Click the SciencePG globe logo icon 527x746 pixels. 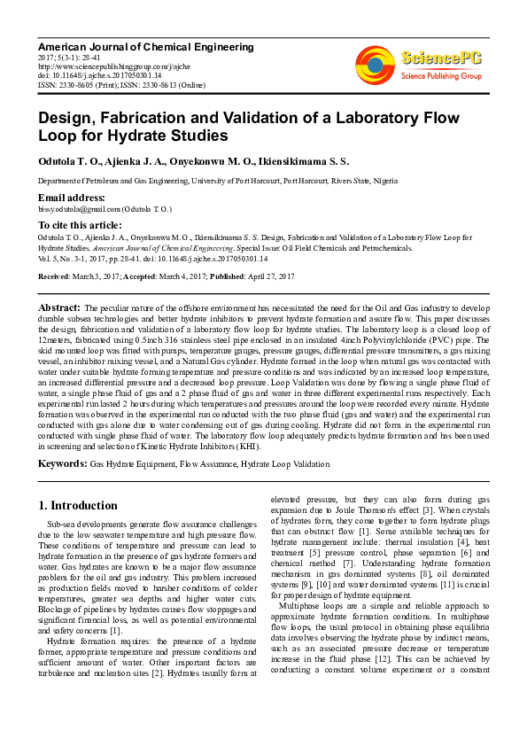[x=375, y=65]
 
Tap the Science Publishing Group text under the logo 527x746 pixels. [x=441, y=76]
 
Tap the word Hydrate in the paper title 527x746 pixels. [x=107, y=136]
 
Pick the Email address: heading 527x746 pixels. [x=72, y=197]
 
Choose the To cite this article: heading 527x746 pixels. [x=82, y=226]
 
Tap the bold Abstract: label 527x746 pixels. [x=60, y=307]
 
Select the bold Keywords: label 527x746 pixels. [x=62, y=462]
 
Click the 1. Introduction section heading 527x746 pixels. [x=78, y=506]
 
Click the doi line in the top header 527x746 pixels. [x=93, y=75]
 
